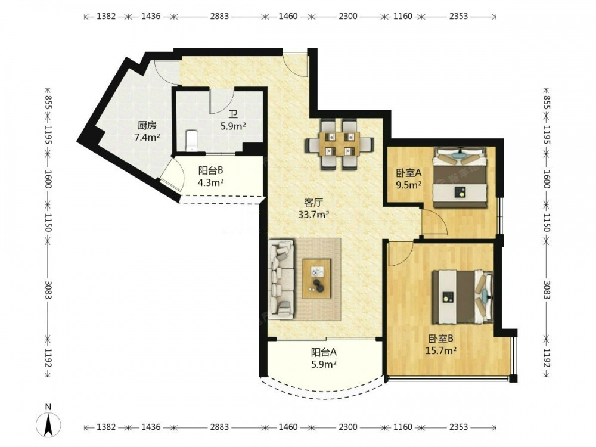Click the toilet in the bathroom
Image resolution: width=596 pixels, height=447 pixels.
[x=191, y=141]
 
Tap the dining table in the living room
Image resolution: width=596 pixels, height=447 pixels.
[x=340, y=144]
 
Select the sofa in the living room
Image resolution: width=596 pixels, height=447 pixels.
[x=281, y=279]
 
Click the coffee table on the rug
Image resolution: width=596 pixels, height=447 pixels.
[x=316, y=278]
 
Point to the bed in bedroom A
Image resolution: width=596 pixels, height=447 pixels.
[x=460, y=178]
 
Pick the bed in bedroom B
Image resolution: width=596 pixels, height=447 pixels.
[x=462, y=296]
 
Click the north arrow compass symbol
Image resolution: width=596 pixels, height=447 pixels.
[x=48, y=423]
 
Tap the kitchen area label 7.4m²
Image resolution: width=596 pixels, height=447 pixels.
[x=147, y=137]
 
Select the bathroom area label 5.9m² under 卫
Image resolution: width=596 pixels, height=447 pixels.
[x=233, y=126]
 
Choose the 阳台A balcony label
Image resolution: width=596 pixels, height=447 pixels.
[x=324, y=352]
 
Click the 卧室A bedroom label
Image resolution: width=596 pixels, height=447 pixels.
[x=409, y=173]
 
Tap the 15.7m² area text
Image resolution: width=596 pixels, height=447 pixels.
[x=441, y=350]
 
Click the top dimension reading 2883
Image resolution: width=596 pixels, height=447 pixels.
[x=220, y=16]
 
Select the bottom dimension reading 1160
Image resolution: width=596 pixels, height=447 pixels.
[x=402, y=427]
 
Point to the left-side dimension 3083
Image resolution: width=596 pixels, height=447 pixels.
[x=48, y=290]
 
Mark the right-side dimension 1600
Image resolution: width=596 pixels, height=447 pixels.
[x=546, y=179]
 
